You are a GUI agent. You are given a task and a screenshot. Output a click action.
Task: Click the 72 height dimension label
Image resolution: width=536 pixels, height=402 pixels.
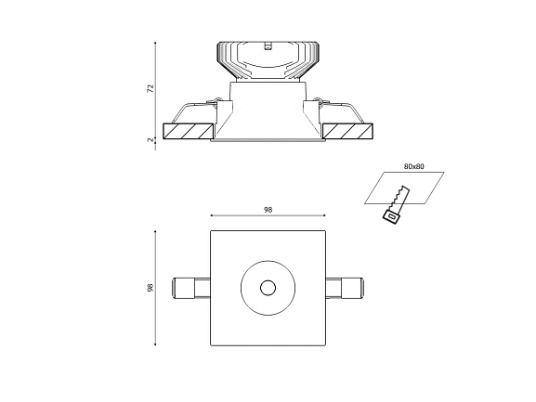pyautogui.click(x=150, y=88)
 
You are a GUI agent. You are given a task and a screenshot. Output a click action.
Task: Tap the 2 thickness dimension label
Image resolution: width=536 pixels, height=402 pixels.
pyautogui.click(x=150, y=139)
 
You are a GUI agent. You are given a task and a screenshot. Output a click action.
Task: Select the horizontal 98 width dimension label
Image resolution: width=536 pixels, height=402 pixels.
pyautogui.click(x=268, y=210)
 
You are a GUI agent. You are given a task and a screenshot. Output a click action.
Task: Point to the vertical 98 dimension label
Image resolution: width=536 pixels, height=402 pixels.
pyautogui.click(x=150, y=288)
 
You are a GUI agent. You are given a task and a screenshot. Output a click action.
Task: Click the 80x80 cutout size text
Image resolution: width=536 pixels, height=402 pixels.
pyautogui.click(x=414, y=166)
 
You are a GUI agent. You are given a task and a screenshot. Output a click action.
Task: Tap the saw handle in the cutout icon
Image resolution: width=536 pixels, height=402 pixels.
pyautogui.click(x=391, y=217)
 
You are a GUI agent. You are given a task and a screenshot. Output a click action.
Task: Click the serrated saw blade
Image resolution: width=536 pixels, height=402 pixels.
pyautogui.click(x=400, y=198)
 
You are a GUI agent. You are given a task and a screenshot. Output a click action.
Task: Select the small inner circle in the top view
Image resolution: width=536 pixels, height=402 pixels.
pyautogui.click(x=268, y=288)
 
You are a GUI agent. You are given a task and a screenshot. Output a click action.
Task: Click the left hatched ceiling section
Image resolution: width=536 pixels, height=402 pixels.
pyautogui.click(x=189, y=132)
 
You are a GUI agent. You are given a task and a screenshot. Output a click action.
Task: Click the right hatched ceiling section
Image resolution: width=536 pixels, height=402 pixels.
pyautogui.click(x=347, y=132)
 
